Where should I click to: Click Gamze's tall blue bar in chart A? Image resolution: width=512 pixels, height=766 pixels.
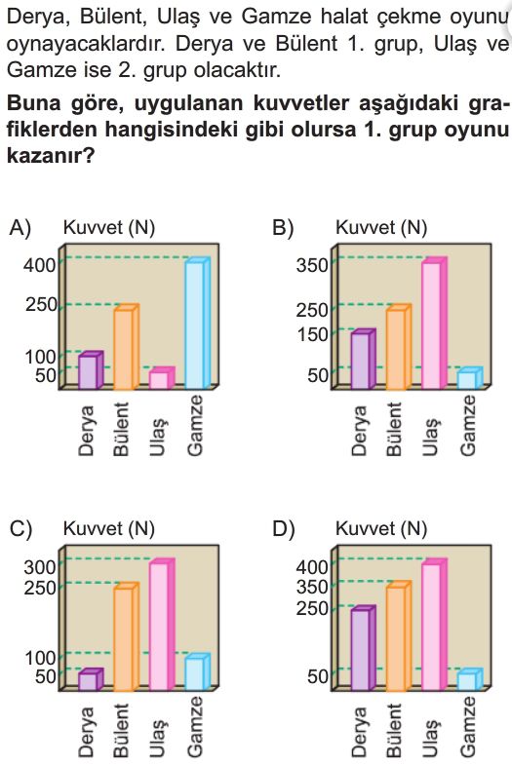(x=198, y=323)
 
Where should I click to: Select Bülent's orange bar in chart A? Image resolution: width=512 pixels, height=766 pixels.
(x=126, y=347)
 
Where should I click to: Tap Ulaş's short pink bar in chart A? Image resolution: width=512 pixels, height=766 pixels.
(x=162, y=378)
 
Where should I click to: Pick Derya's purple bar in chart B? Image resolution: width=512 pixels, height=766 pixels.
(x=364, y=359)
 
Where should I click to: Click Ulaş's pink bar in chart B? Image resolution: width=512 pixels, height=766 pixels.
(x=434, y=323)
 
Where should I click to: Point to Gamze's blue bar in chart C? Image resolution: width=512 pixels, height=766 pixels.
(x=198, y=671)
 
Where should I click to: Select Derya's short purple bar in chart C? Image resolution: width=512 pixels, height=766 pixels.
(x=91, y=679)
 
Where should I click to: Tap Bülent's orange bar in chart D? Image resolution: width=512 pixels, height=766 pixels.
(x=399, y=636)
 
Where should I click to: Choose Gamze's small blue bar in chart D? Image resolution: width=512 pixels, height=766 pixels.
(x=470, y=679)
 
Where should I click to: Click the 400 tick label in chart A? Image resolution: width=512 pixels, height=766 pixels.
(x=40, y=265)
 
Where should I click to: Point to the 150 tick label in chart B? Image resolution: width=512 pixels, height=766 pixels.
(x=312, y=334)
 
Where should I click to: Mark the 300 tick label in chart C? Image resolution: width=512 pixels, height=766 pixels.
(x=40, y=566)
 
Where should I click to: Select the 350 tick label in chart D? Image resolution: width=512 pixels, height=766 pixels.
(x=312, y=587)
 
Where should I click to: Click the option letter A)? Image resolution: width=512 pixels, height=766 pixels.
(x=20, y=228)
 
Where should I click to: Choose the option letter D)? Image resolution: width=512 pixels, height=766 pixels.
(x=284, y=529)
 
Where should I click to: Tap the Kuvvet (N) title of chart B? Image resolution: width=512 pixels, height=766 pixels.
(x=381, y=227)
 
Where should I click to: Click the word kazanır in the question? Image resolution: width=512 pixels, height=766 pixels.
(x=50, y=156)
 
